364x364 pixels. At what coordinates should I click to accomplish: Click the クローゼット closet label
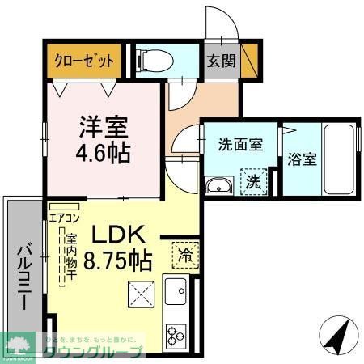[84, 60]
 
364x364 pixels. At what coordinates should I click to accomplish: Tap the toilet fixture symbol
[150, 58]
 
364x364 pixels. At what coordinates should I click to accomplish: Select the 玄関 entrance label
[216, 60]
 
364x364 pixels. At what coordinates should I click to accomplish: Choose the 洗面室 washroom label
[240, 145]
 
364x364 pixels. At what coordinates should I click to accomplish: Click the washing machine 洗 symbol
[253, 181]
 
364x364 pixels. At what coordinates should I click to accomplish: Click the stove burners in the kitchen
[176, 332]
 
